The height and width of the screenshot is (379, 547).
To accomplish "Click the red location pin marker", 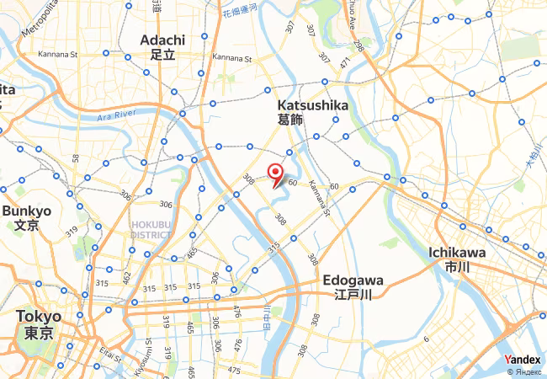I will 274,173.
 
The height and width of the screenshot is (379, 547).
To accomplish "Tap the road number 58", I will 76,157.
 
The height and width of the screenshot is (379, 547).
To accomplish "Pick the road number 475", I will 234,371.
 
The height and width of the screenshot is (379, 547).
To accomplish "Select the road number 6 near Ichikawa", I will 426,339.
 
